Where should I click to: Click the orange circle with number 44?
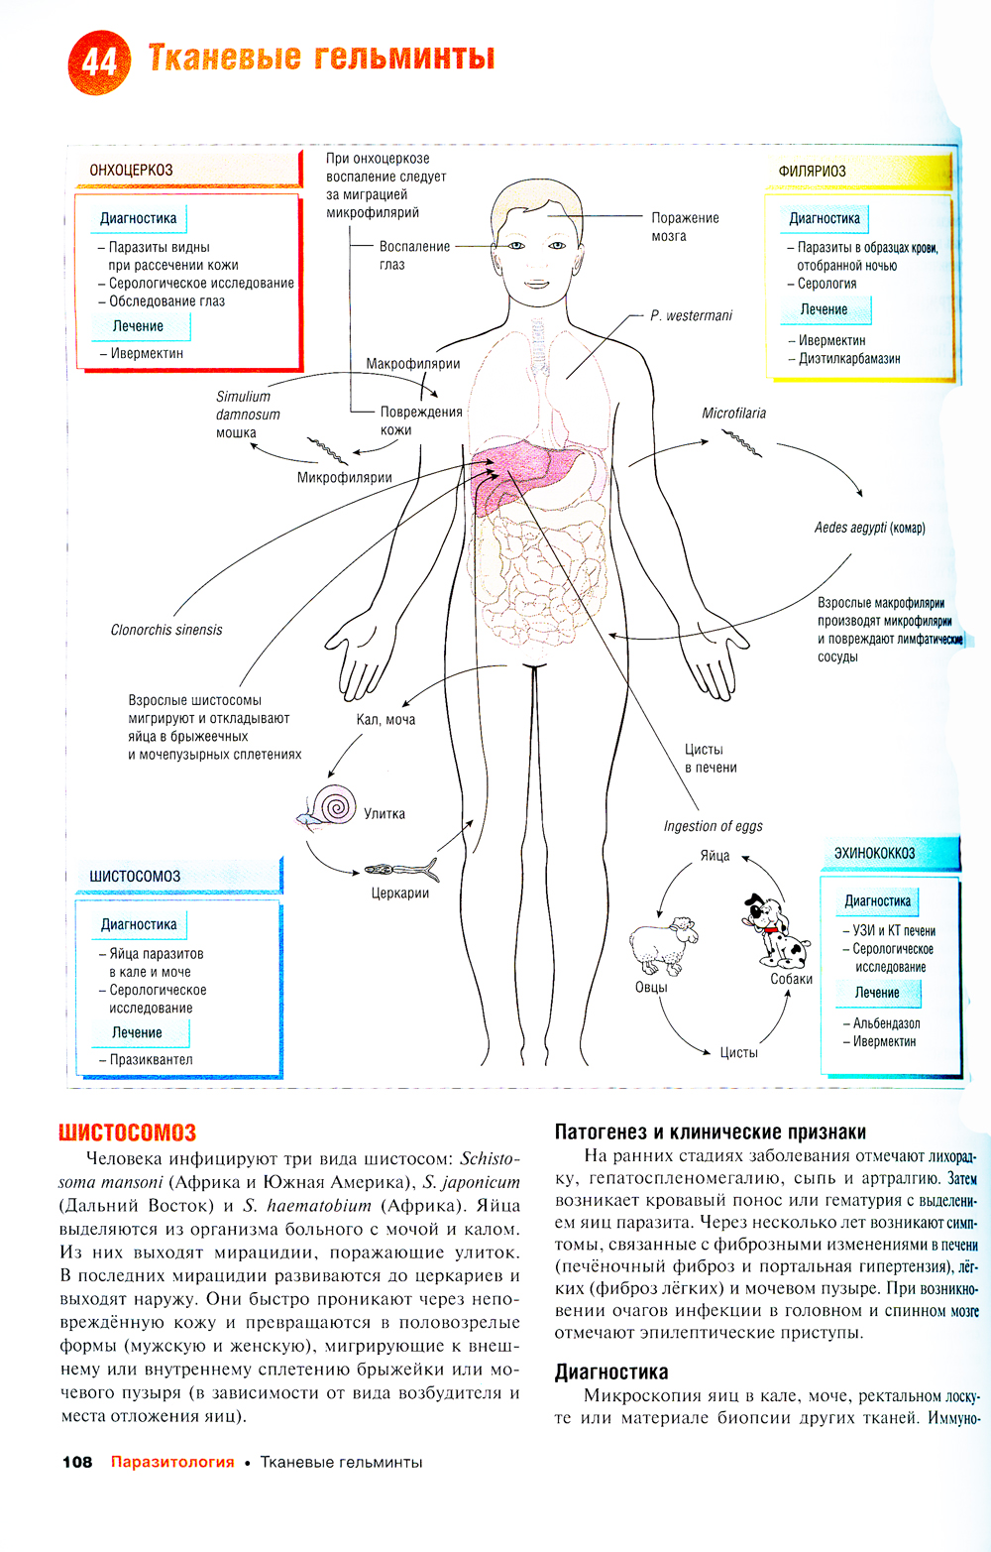99,61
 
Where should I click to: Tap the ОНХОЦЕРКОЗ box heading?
132,171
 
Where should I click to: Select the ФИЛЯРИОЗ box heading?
813,172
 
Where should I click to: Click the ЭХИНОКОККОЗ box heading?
874,853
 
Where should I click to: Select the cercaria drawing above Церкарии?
401,871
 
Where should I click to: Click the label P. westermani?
691,315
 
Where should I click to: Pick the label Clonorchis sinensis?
166,630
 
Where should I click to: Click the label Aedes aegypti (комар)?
869,528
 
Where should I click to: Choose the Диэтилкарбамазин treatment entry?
849,359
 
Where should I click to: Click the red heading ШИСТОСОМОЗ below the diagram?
127,1133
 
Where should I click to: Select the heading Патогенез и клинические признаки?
710,1133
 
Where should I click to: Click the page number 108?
77,1462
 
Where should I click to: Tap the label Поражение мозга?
684,227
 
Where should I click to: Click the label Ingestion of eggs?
713,826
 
